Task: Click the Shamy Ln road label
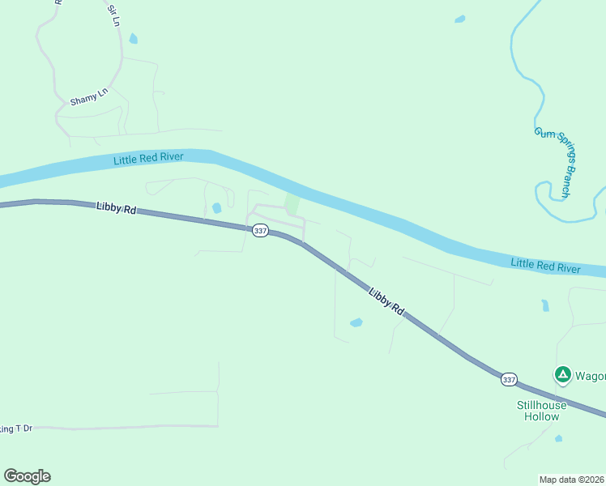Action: (89, 99)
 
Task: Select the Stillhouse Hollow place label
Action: (539, 411)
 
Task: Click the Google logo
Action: (27, 476)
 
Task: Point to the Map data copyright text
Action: (572, 480)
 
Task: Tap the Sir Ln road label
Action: (113, 16)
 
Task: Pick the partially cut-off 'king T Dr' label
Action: (16, 428)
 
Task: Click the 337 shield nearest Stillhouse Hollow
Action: (508, 378)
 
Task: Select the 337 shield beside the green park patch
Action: (260, 231)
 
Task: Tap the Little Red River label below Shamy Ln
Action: (148, 158)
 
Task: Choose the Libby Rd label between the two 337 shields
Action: (386, 300)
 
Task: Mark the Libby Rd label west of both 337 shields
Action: (116, 208)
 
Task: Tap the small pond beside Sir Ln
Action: (133, 38)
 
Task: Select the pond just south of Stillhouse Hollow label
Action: (559, 438)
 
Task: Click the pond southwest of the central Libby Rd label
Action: (356, 322)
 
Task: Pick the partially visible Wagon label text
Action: (590, 375)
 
